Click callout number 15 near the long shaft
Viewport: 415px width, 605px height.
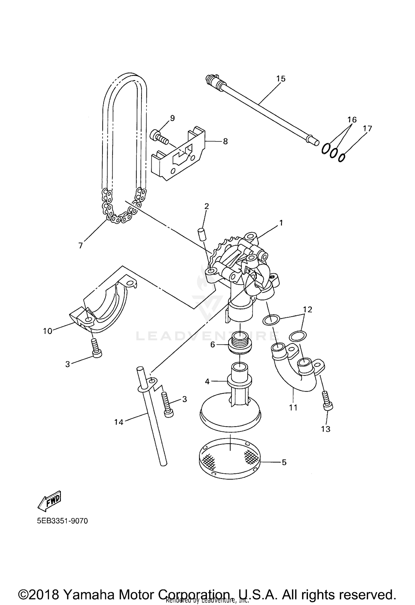click(x=281, y=79)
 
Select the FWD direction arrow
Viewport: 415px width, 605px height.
click(x=49, y=501)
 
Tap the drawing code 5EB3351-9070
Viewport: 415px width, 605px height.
click(x=63, y=521)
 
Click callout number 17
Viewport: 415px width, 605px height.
click(x=367, y=129)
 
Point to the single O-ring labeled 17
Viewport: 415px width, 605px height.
click(x=342, y=157)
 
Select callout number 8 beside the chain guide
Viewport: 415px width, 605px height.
click(x=225, y=141)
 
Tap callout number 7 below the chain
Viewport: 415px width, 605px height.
click(x=81, y=245)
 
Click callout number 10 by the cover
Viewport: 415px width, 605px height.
click(x=48, y=331)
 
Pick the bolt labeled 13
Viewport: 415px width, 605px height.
click(x=328, y=406)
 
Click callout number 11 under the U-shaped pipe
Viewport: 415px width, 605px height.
click(x=293, y=407)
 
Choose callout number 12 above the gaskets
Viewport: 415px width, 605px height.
click(x=308, y=309)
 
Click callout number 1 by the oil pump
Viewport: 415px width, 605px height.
click(x=281, y=223)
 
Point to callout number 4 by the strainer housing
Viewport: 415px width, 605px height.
click(x=207, y=381)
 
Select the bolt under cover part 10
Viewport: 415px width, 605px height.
click(x=96, y=347)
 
